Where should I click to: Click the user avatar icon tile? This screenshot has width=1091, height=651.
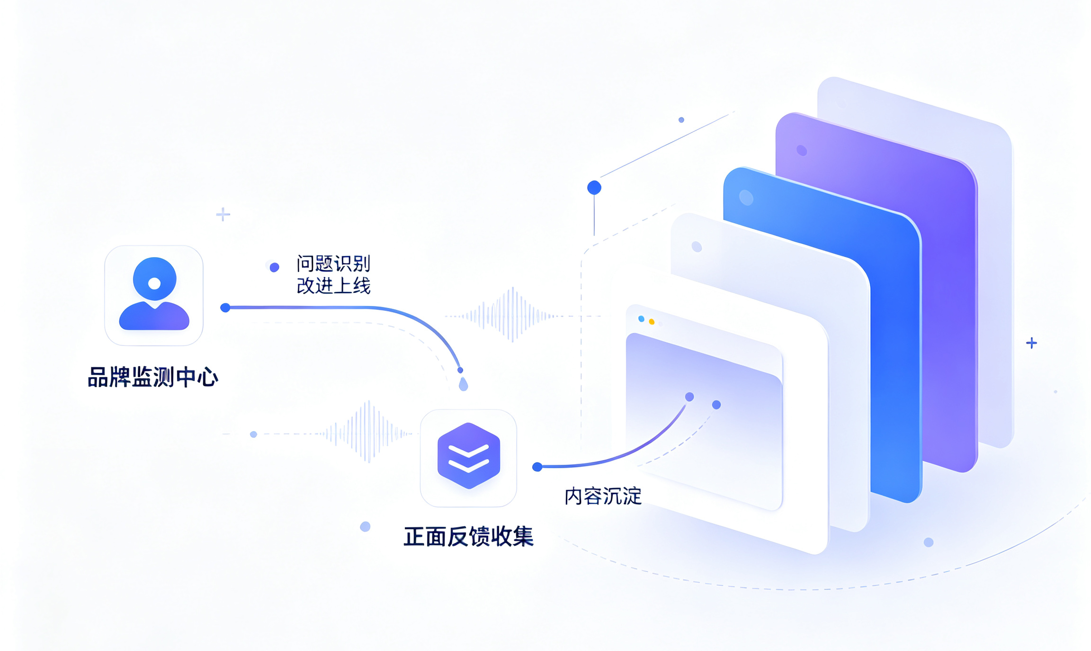(154, 295)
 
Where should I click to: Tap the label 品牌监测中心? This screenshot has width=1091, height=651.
(153, 377)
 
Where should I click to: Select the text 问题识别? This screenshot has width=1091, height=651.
(333, 263)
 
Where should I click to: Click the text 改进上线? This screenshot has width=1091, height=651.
(333, 285)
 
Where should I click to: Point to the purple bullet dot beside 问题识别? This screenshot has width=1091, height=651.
(274, 268)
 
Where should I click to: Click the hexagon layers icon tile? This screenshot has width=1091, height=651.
(468, 458)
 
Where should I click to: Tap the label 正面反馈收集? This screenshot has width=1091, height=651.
(468, 536)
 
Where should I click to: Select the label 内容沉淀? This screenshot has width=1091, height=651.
(603, 496)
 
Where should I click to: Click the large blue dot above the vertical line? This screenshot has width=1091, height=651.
(594, 188)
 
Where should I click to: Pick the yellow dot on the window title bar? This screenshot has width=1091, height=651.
(652, 322)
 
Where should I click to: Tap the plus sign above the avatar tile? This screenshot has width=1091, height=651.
(223, 215)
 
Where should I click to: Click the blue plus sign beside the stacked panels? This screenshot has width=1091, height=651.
(1032, 343)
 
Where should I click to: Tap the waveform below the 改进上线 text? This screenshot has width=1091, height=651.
(512, 315)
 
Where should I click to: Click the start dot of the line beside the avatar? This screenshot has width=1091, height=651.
(225, 308)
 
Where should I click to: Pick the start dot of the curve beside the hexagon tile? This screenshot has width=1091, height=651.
(537, 467)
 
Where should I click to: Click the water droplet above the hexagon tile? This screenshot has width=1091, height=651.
(464, 384)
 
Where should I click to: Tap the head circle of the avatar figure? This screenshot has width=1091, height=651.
(154, 279)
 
